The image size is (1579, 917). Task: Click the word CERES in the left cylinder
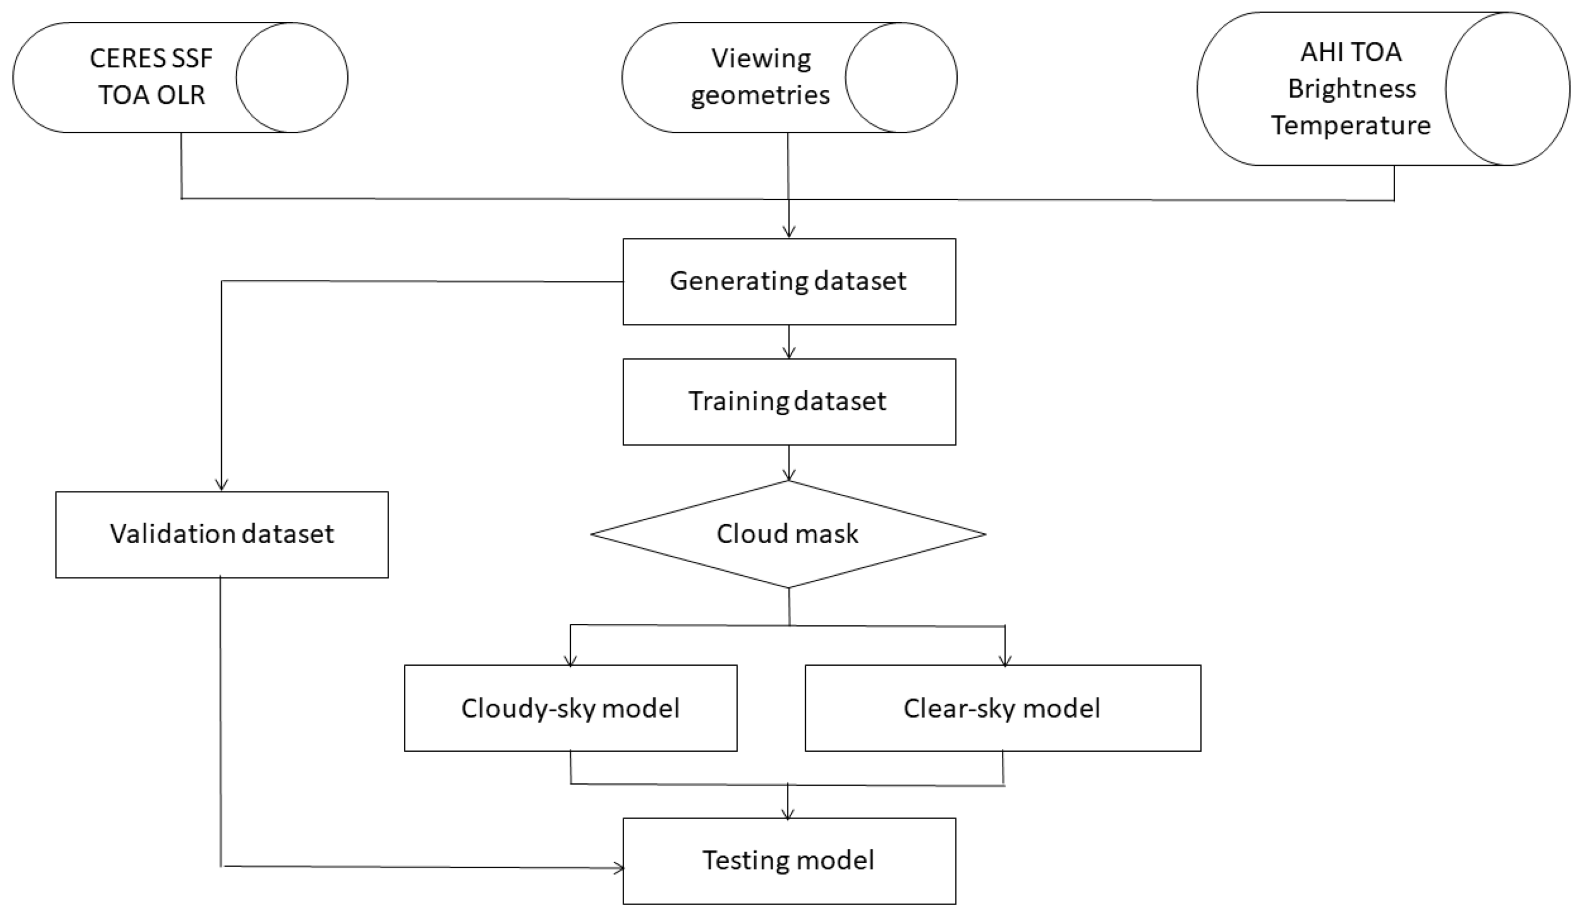pos(120,59)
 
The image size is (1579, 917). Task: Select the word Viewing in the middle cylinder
pos(761,59)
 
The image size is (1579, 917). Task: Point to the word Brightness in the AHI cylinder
pos(1351,89)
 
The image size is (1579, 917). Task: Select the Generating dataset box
pos(789,282)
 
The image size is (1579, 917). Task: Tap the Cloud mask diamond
pos(787,534)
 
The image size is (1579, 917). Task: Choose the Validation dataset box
pos(222,534)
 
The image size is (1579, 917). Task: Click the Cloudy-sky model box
pos(570,708)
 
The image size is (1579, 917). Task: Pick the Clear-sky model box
pos(1002,708)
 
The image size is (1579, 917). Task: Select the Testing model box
pos(789,861)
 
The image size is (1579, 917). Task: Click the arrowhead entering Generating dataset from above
pos(789,232)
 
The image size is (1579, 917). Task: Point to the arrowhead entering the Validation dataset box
pos(221,485)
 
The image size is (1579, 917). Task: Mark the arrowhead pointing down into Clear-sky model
pos(1005,660)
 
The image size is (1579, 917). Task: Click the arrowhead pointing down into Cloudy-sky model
pos(570,660)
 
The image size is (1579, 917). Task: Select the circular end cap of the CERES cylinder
pos(292,78)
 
